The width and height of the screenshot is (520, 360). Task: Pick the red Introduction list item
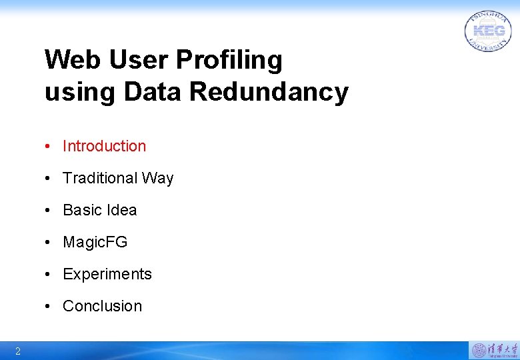click(104, 146)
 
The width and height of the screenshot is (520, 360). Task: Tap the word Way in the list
click(157, 179)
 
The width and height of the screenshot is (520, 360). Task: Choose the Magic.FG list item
click(95, 242)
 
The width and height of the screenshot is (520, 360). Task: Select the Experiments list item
click(107, 274)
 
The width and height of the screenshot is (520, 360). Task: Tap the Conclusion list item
click(102, 306)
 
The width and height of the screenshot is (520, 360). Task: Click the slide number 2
click(18, 351)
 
